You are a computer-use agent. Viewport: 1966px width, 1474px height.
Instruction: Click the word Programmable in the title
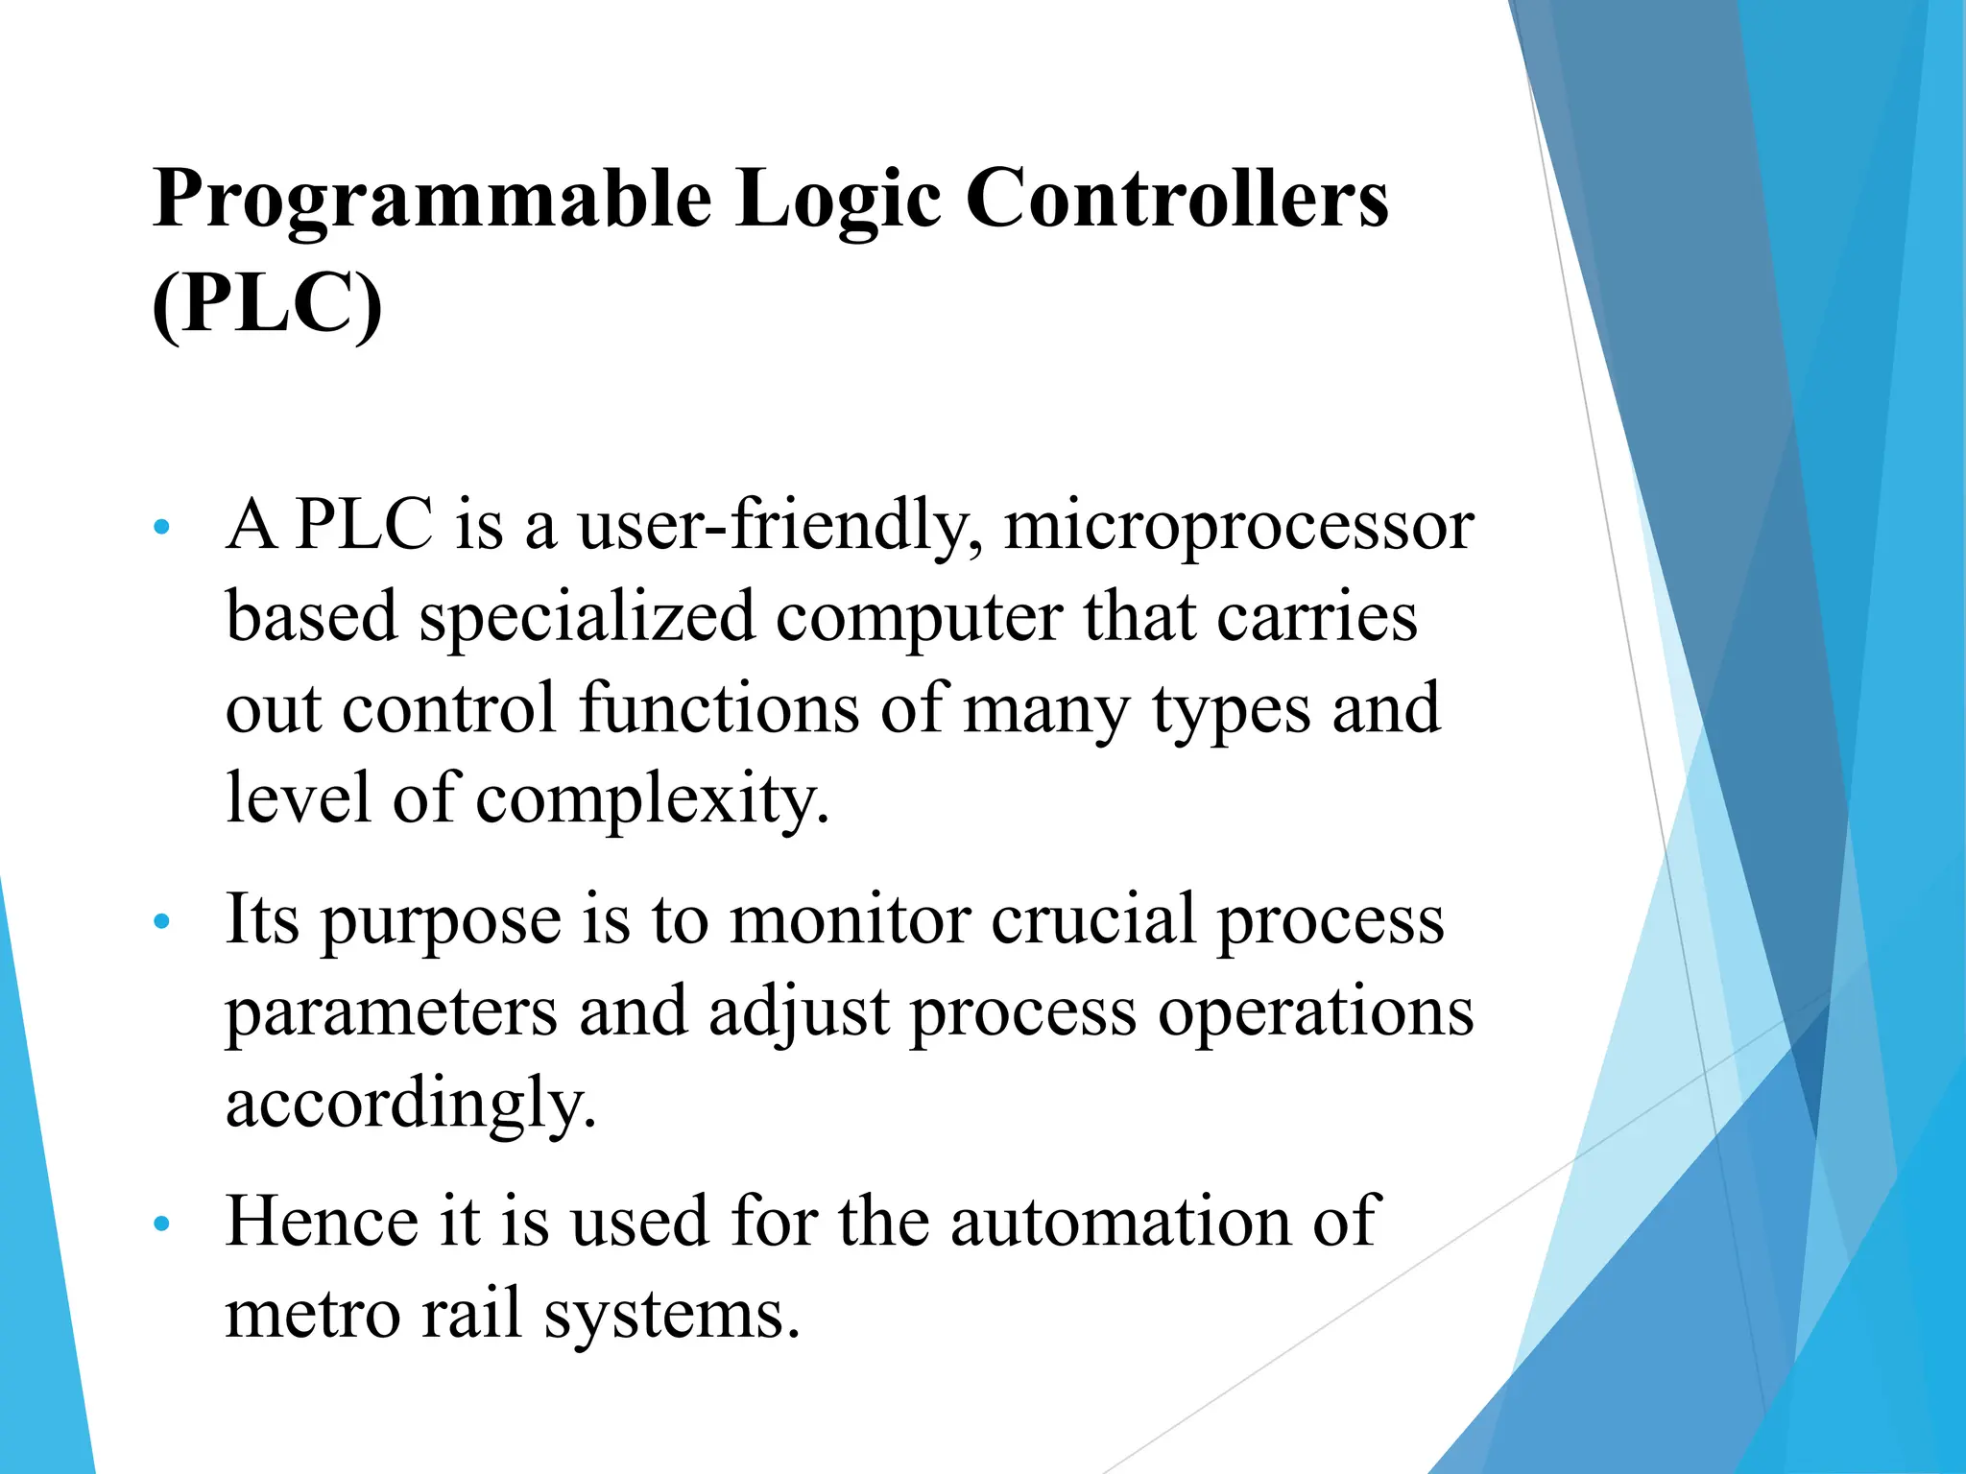(x=432, y=200)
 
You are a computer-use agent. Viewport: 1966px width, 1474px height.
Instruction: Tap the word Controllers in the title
(x=1177, y=198)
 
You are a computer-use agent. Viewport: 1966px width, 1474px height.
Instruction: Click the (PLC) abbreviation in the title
(x=267, y=303)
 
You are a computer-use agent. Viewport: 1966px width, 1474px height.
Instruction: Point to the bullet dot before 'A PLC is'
(x=161, y=527)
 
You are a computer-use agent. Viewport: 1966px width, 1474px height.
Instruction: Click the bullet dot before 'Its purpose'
(x=161, y=921)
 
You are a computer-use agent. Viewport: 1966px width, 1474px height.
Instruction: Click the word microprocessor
(x=1238, y=528)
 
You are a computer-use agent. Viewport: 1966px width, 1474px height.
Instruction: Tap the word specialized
(x=587, y=617)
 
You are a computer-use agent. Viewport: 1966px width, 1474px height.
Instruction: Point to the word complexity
(x=652, y=799)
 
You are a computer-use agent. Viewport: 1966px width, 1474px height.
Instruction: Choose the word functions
(x=719, y=707)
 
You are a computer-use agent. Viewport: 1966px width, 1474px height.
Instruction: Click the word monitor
(x=850, y=919)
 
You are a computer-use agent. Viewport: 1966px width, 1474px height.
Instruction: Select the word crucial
(x=1093, y=918)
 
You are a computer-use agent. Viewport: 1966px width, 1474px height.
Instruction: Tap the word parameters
(x=392, y=1013)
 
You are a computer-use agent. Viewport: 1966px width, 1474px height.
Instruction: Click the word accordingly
(x=411, y=1104)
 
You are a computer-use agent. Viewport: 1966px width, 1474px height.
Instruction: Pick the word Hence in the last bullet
(x=322, y=1221)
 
